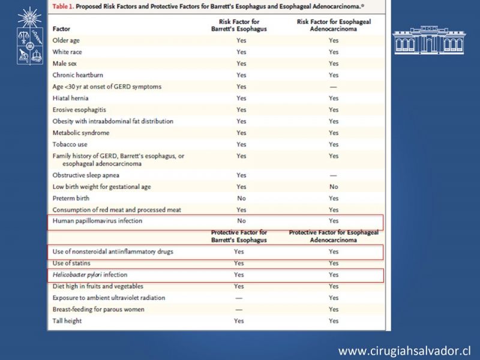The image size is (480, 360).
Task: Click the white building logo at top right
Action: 428,40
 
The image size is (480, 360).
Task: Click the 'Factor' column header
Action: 61,28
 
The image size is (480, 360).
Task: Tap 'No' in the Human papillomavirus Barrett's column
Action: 241,221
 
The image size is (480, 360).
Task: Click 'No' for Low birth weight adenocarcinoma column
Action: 334,187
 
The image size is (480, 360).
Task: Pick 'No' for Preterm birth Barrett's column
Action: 241,199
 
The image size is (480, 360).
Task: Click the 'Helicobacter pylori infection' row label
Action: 90,275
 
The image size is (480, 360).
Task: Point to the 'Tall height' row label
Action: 67,321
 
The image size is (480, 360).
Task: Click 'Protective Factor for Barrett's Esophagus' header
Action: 239,236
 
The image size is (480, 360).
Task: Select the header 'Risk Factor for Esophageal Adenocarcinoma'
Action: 334,25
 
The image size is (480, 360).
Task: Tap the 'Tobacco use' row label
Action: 70,145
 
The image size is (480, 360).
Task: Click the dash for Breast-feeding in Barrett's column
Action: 239,310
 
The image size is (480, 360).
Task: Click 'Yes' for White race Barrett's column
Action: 241,52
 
